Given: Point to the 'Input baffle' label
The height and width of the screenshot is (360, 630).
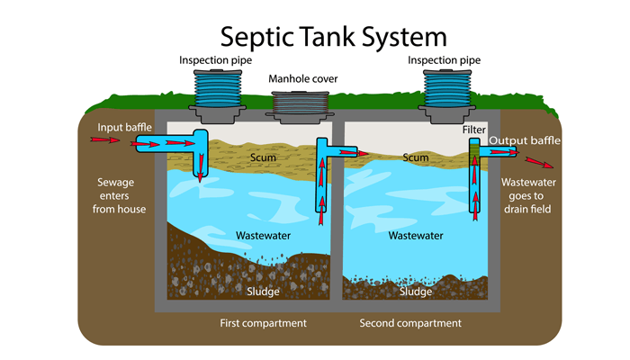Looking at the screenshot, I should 121,127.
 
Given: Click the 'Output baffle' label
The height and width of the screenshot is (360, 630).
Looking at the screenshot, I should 525,141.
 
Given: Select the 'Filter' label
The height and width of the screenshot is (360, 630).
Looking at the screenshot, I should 473,130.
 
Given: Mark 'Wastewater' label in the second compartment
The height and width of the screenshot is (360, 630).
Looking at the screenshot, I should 415,235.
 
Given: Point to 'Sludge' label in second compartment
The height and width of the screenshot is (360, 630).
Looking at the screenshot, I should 415,291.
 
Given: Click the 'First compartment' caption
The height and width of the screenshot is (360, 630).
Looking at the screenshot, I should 263,322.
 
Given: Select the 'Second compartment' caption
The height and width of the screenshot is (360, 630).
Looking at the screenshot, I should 410,322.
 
